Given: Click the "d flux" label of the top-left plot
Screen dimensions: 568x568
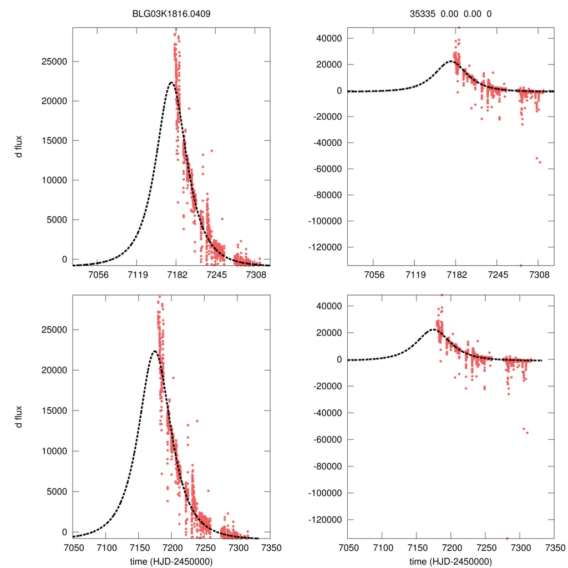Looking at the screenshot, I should click(19, 147).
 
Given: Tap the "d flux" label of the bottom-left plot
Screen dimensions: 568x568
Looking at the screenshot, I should click(19, 416).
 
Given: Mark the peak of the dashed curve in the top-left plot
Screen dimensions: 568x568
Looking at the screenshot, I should click(171, 83).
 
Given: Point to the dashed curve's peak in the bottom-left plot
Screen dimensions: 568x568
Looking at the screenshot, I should click(154, 351).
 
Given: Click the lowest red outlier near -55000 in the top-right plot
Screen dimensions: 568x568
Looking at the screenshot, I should click(540, 162).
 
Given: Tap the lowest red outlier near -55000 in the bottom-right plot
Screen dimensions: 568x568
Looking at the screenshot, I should click(527, 433).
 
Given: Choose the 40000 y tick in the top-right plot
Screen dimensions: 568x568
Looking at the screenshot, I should click(328, 38).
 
